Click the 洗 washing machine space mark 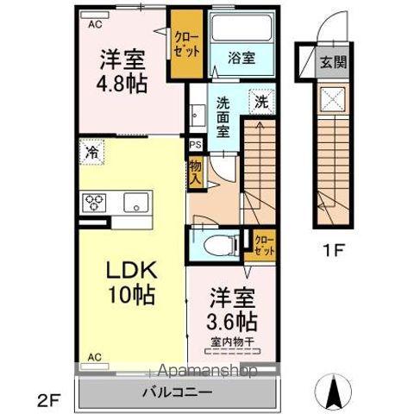pos(260,101)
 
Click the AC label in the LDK pos(94,354)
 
